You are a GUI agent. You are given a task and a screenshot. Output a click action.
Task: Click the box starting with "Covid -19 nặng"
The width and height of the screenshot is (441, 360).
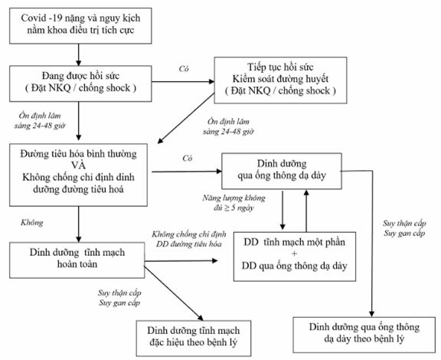coord(80,26)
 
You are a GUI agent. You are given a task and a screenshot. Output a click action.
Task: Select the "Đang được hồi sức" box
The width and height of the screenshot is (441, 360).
coord(80,83)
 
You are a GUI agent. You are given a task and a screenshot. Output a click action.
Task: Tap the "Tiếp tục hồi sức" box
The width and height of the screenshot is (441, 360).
coord(280,80)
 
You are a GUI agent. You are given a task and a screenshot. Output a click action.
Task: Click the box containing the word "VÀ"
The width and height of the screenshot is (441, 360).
coord(78,175)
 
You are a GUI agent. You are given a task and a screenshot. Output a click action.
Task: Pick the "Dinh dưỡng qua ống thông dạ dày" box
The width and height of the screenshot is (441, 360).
coord(282,171)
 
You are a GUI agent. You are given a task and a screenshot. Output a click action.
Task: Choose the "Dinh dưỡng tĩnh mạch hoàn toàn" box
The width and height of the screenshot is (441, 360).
coord(77,260)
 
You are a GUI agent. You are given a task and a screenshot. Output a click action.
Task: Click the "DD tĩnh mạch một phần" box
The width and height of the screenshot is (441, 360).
coord(295,257)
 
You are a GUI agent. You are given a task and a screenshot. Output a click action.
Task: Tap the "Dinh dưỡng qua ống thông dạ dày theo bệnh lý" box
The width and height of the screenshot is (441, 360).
coord(364,335)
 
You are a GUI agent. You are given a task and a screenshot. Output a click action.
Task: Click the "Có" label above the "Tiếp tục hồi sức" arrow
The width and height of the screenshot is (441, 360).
coord(184,69)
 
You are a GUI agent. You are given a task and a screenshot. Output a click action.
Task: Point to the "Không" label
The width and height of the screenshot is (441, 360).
coord(32,223)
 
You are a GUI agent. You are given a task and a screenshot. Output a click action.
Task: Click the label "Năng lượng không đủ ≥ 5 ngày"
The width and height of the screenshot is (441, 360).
coord(234,203)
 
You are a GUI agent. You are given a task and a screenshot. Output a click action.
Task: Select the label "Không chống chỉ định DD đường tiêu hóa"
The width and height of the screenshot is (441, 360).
coord(188,239)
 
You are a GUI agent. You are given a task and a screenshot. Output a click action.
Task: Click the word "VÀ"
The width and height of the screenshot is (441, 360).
coord(78,165)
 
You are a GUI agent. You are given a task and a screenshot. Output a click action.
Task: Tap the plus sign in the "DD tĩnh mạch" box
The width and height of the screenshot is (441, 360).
coord(295,254)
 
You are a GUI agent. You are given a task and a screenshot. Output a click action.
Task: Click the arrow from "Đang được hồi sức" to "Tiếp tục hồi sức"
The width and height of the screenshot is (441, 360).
coord(183,82)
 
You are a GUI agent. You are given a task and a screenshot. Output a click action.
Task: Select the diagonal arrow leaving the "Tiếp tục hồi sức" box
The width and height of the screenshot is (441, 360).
coord(186,119)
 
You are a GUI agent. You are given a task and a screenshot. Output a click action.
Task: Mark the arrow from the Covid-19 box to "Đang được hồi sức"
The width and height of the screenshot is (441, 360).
coord(79,55)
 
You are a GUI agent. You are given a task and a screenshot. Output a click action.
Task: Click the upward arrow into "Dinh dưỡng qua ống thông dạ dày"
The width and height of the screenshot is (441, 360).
coord(306,211)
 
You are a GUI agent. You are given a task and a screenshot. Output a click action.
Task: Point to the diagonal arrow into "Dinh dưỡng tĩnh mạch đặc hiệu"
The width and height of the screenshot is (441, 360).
coord(174,293)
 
